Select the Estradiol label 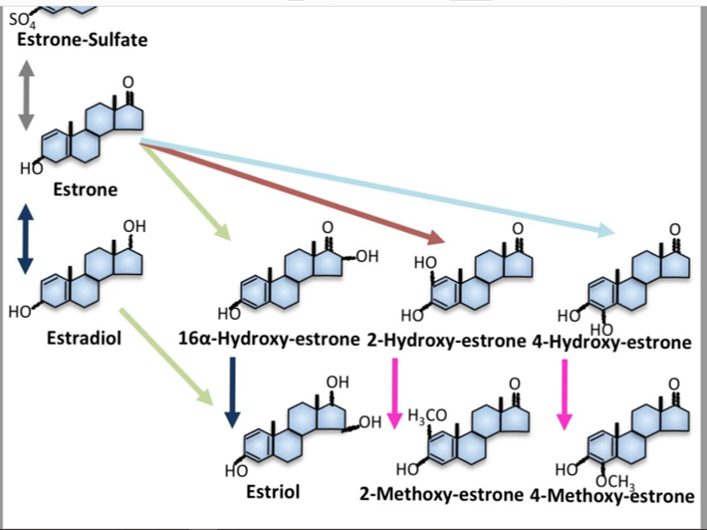point(84,338)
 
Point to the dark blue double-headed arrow point(26,239)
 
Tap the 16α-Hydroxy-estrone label point(269,339)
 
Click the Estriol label point(272,491)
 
